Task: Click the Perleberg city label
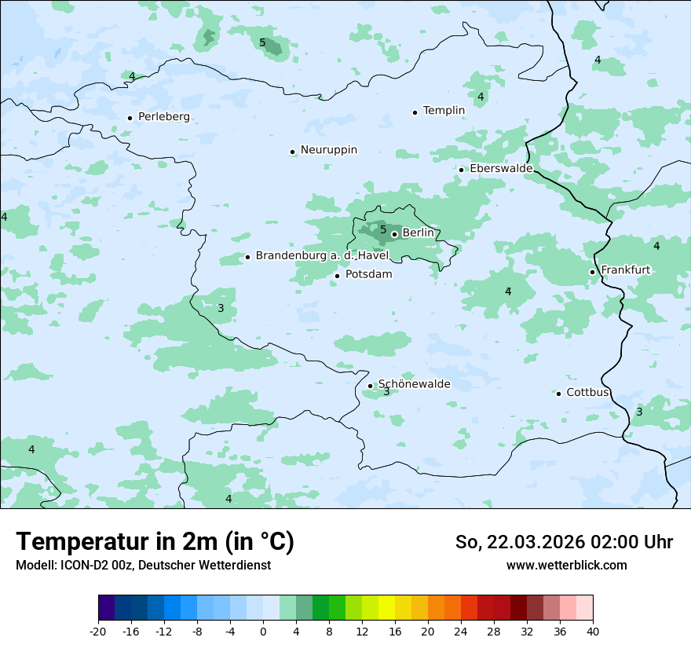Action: pyautogui.click(x=163, y=117)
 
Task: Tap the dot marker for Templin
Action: pyautogui.click(x=415, y=112)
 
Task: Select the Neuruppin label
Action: pyautogui.click(x=328, y=150)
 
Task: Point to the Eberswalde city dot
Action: pyautogui.click(x=462, y=170)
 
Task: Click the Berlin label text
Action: pyautogui.click(x=418, y=233)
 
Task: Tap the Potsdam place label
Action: pyautogui.click(x=368, y=274)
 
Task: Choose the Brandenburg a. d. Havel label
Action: pyautogui.click(x=322, y=256)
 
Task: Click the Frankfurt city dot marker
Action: pyautogui.click(x=593, y=272)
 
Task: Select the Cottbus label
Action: pyautogui.click(x=587, y=392)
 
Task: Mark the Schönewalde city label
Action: pyautogui.click(x=414, y=384)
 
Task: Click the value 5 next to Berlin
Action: pyautogui.click(x=383, y=230)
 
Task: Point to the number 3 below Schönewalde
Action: pyautogui.click(x=386, y=392)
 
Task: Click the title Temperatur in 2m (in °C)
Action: pyautogui.click(x=155, y=542)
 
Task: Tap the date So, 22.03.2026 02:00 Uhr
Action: pyautogui.click(x=564, y=542)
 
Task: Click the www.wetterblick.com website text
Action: pyautogui.click(x=566, y=565)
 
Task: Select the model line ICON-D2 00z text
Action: pyautogui.click(x=143, y=565)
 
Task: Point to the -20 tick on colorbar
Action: pyautogui.click(x=98, y=631)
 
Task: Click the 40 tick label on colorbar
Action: pyautogui.click(x=592, y=631)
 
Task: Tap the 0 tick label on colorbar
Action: pyautogui.click(x=263, y=631)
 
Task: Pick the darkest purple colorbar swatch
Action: pyautogui.click(x=107, y=608)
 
